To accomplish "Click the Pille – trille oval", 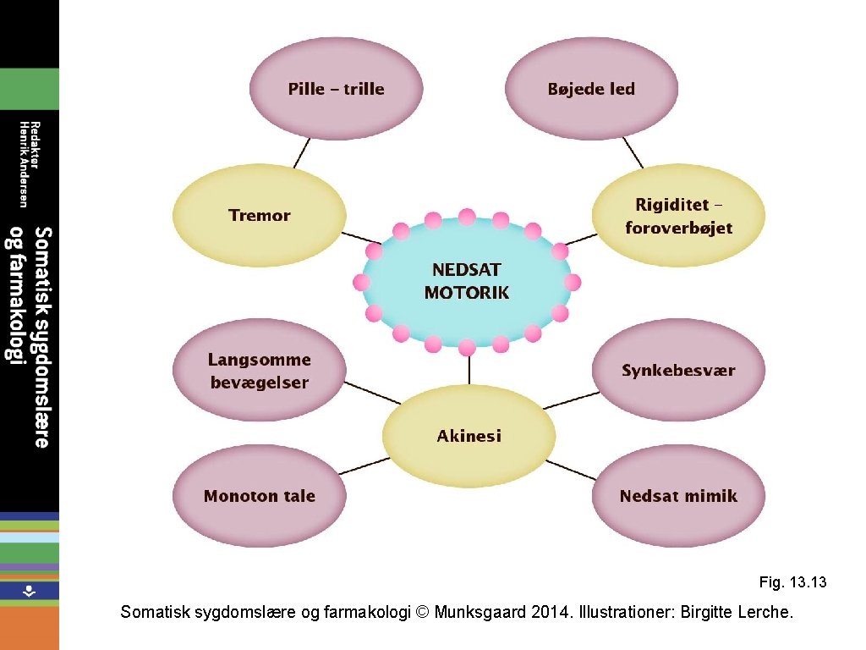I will [336, 88].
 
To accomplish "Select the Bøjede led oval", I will [591, 88].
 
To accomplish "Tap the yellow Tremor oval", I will [260, 215].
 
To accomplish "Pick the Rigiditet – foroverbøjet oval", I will [678, 216].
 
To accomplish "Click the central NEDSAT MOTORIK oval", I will [467, 281].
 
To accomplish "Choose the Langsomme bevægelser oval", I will [260, 371].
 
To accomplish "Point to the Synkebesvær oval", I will [678, 371].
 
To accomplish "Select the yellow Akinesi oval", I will [469, 436].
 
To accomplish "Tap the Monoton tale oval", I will [260, 496].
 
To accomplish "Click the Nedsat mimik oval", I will [678, 496].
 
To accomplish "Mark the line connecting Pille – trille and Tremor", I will [301, 153].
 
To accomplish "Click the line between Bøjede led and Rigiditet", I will [633, 153].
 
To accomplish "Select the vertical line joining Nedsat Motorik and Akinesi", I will [468, 369].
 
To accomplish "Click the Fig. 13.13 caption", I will [792, 582].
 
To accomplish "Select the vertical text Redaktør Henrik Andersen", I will [29, 163].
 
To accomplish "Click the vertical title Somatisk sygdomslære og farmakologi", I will [29, 336].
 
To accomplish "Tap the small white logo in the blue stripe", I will [29, 591].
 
